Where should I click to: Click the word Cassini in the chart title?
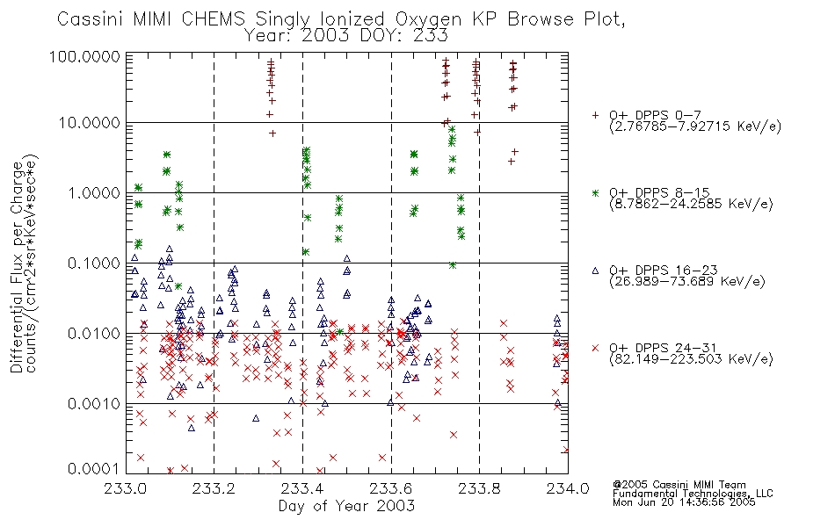90,19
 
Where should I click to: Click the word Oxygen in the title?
429,20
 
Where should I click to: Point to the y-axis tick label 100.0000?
85,56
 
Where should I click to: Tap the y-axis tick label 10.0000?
90,123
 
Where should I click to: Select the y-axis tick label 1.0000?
94,192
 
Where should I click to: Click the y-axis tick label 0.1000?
94,263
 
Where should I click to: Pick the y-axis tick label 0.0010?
94,403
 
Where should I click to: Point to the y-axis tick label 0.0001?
94,469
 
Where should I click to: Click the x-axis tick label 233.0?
126,488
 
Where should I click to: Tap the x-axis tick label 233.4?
302,488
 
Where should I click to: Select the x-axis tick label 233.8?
479,488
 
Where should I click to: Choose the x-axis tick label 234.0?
568,488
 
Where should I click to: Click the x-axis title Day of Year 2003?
346,506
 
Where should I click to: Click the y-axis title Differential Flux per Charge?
17,267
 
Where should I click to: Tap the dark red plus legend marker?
595,115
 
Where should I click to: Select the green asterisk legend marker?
595,192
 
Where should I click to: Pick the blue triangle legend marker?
595,271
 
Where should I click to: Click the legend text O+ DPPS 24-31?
664,348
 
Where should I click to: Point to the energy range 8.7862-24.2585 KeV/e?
691,204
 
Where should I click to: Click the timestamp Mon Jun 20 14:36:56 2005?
684,502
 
